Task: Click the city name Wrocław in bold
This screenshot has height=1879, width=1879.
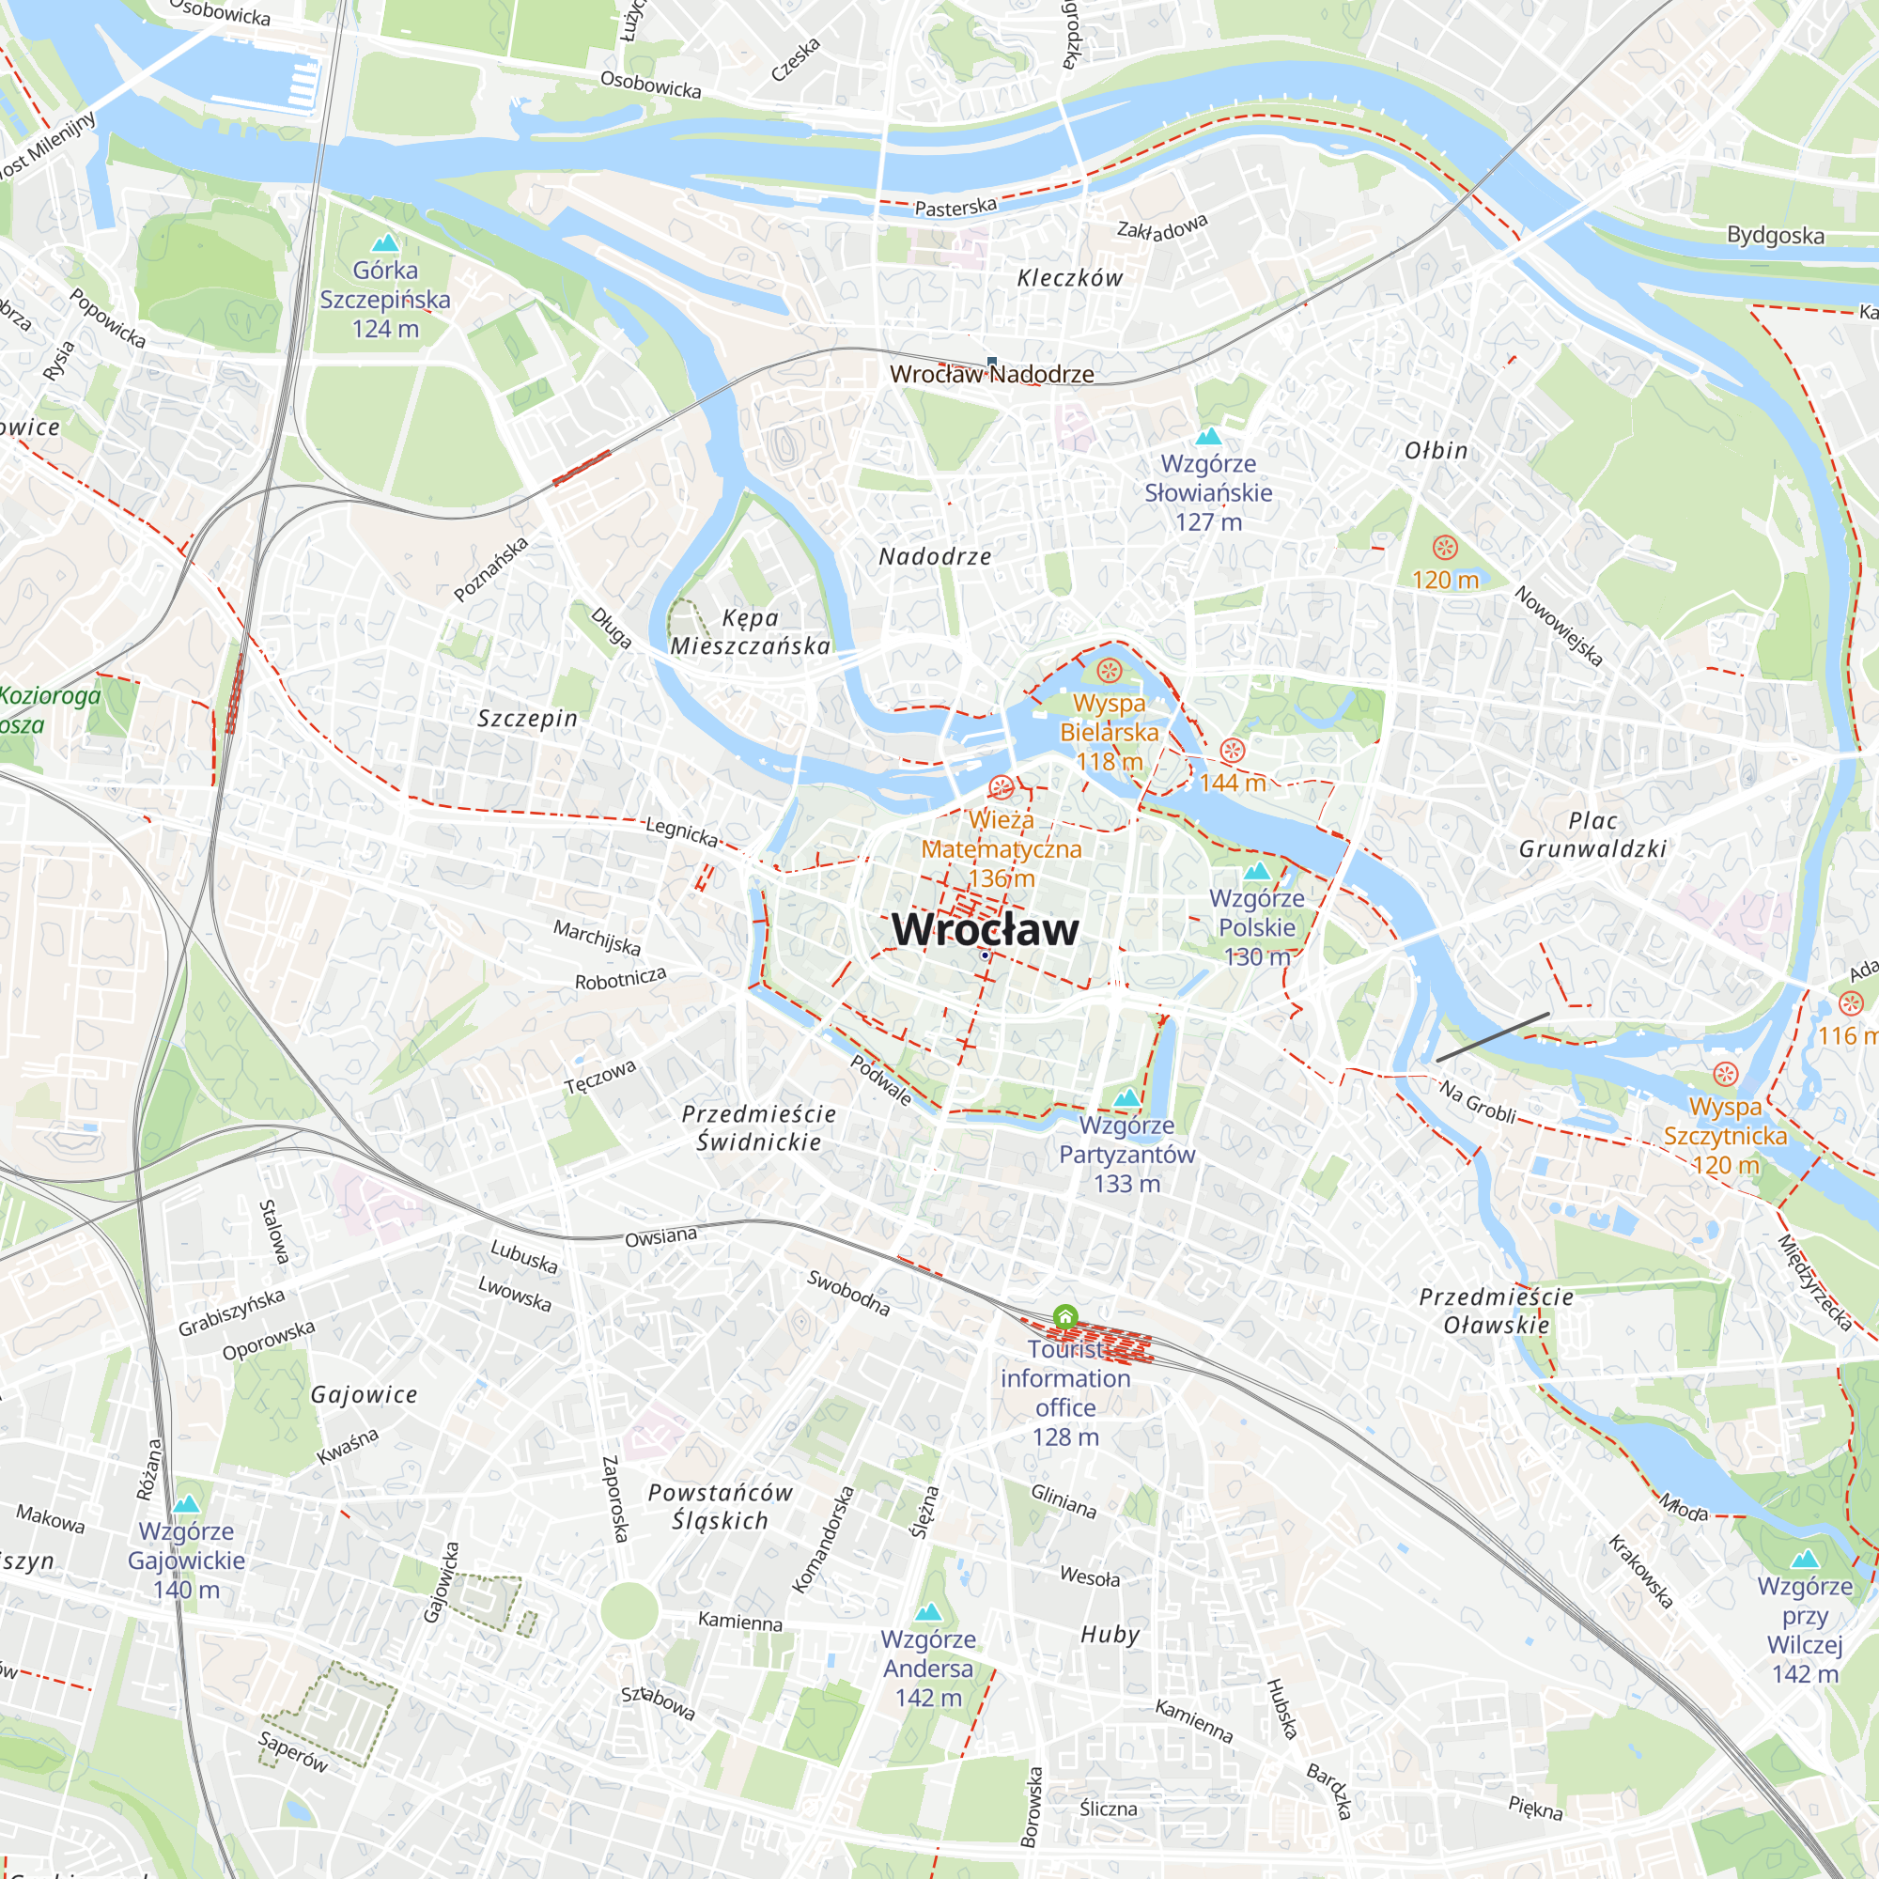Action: (985, 929)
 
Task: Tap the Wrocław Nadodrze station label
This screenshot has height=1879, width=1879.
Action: (991, 375)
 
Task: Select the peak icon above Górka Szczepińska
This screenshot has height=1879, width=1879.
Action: (385, 242)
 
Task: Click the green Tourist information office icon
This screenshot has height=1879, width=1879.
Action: (1065, 1317)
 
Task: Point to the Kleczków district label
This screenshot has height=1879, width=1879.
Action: (1069, 278)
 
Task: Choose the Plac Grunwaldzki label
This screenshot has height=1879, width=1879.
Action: (1592, 834)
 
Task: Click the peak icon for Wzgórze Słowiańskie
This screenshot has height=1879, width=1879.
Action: (1208, 436)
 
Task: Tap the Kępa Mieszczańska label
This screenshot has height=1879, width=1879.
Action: (750, 631)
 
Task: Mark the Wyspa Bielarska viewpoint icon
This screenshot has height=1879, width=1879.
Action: (1109, 671)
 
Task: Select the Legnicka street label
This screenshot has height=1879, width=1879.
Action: (682, 831)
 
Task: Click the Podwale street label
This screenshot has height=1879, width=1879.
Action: (881, 1080)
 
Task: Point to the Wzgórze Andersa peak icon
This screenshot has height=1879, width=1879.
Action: (928, 1611)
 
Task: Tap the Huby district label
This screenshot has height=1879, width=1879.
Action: (1110, 1635)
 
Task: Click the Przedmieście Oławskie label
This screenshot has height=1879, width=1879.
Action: (1496, 1310)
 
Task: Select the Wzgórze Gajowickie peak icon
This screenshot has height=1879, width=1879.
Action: (186, 1503)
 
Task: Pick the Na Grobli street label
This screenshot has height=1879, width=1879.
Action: (1477, 1102)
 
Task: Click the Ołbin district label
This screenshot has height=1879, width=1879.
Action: (1436, 450)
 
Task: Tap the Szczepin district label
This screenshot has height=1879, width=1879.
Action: (527, 719)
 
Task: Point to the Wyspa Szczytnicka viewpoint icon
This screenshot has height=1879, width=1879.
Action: (1724, 1075)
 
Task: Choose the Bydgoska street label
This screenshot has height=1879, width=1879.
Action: (1775, 236)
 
